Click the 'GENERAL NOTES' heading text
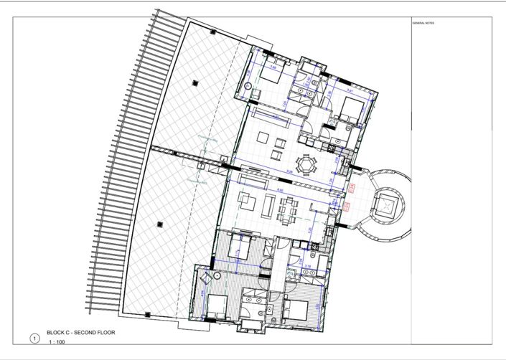pyautogui.click(x=423, y=23)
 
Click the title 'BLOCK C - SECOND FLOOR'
pyautogui.click(x=80, y=333)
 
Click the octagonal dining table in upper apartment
pyautogui.click(x=307, y=165)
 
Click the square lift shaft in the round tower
pyautogui.click(x=386, y=207)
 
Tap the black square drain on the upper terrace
pyautogui.click(x=195, y=83)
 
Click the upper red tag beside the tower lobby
pyautogui.click(x=352, y=189)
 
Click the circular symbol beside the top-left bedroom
pyautogui.click(x=250, y=85)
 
